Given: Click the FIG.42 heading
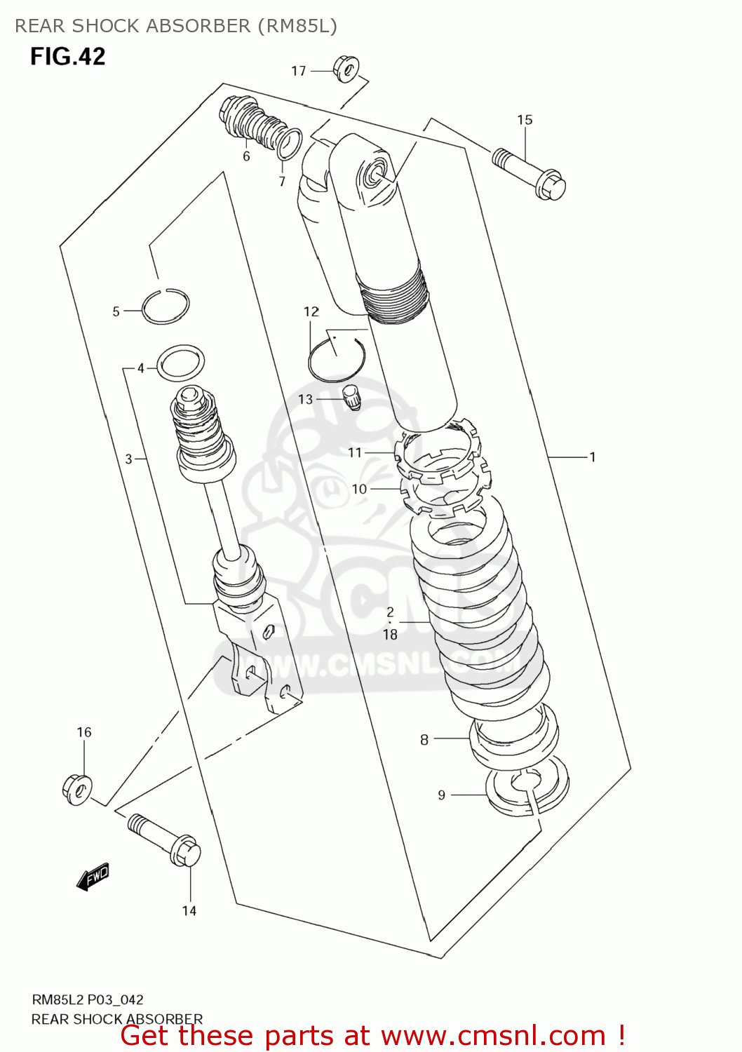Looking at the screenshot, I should [x=67, y=56].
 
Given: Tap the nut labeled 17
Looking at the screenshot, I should [x=346, y=69].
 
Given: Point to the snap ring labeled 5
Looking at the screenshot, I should [x=166, y=307].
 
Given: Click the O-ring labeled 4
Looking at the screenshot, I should [x=181, y=363].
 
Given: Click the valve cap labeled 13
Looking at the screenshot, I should [x=351, y=396].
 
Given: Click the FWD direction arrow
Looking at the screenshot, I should [x=93, y=876].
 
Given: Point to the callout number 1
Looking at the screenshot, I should [x=593, y=457].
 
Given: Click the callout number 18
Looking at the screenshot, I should [x=390, y=635].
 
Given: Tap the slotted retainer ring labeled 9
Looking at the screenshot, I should [x=527, y=793].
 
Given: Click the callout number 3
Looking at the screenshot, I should [x=128, y=459].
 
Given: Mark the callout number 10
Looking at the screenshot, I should [x=359, y=489].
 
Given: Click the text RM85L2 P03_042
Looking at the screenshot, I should [x=88, y=1000].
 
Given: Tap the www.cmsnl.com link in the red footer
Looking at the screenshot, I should [x=493, y=1036].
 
